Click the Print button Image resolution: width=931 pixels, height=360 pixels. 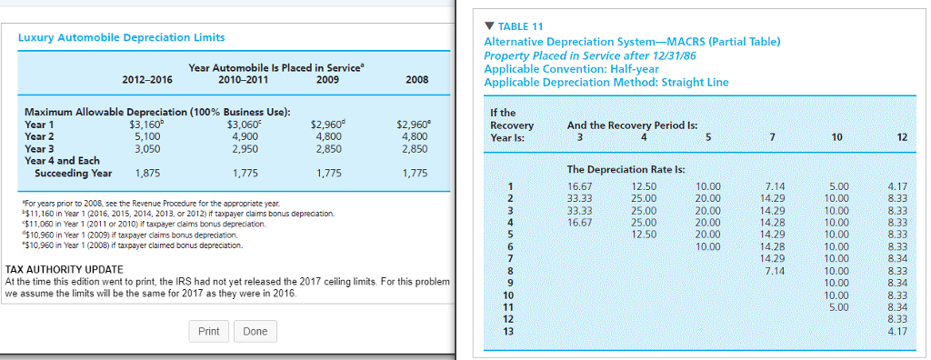coord(208,331)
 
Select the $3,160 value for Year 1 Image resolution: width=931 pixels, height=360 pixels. coord(145,125)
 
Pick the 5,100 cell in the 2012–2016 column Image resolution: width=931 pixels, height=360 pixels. coord(147,136)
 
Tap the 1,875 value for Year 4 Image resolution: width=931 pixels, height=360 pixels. coord(147,173)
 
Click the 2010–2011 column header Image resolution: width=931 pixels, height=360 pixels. coord(242,79)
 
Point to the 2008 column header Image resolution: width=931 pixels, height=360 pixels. coord(416,79)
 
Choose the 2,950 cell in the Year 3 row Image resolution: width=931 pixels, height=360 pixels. coord(245,148)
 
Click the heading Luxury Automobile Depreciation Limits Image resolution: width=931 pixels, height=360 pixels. coord(122,37)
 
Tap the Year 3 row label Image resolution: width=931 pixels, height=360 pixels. coord(39,148)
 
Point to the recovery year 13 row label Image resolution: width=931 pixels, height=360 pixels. coord(508,330)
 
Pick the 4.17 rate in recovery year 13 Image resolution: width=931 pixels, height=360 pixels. coord(896,330)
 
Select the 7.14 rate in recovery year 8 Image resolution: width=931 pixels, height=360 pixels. coord(775,270)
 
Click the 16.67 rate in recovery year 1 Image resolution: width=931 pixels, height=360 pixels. coord(579,186)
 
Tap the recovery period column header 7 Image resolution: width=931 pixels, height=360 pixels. coord(772,137)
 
